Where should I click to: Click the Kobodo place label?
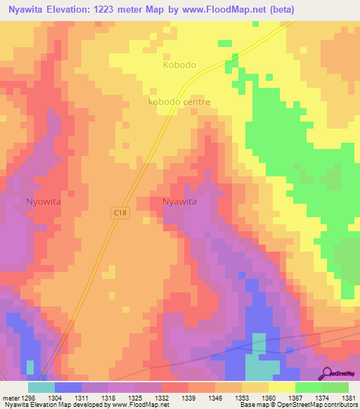179,65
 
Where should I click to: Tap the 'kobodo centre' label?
179,102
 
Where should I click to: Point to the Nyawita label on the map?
179,201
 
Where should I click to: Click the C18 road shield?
120,212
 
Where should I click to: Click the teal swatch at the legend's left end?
41,387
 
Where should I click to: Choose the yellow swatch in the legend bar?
281,387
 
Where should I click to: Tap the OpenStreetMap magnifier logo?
328,374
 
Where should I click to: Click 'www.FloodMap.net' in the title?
219,10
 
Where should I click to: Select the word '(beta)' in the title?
278,10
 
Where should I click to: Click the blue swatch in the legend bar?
68,387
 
